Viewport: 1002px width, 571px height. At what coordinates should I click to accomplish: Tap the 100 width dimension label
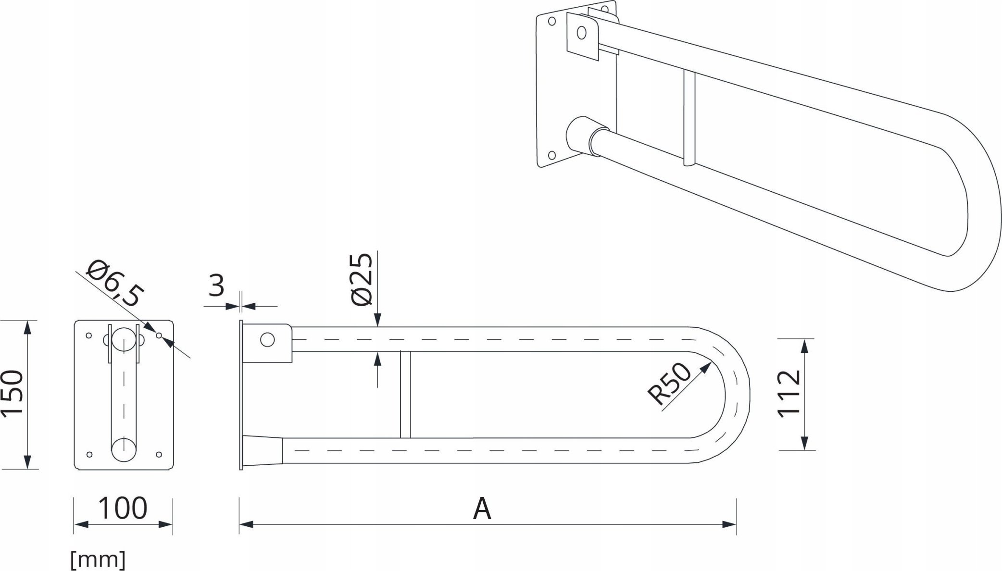pyautogui.click(x=123, y=508)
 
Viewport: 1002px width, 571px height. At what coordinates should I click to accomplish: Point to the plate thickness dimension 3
pyautogui.click(x=217, y=286)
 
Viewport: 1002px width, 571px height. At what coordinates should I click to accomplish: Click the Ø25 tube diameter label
pyautogui.click(x=362, y=279)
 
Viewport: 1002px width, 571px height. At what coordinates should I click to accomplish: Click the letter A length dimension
pyautogui.click(x=482, y=509)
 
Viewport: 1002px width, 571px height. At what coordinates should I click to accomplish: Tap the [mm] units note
pyautogui.click(x=98, y=559)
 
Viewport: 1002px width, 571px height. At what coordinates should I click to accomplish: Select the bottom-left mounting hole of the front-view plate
pyautogui.click(x=88, y=454)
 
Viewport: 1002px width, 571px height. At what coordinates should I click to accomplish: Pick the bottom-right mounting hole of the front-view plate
pyautogui.click(x=159, y=454)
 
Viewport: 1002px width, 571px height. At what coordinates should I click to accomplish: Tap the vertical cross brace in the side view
pyautogui.click(x=405, y=395)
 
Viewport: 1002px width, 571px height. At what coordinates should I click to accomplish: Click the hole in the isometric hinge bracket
pyautogui.click(x=582, y=33)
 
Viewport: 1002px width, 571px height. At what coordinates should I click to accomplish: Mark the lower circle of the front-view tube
pyautogui.click(x=124, y=449)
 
